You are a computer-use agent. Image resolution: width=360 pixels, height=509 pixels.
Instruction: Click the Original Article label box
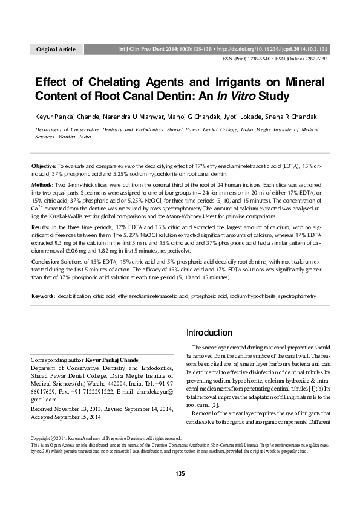56,49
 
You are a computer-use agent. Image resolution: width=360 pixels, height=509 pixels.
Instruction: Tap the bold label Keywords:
44,297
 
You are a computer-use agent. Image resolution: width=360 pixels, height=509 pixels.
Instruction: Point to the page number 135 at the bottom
180,490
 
